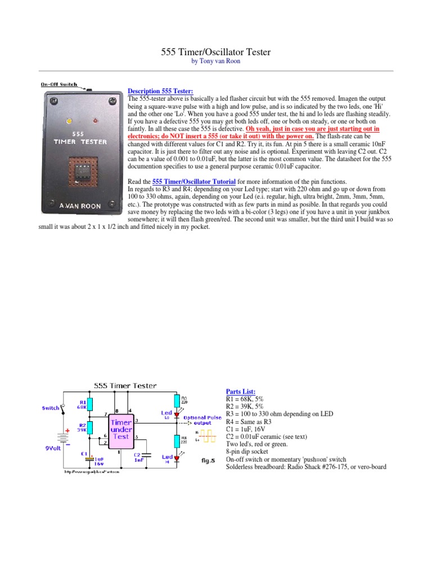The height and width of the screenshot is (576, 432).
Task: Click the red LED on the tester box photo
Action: click(x=95, y=120)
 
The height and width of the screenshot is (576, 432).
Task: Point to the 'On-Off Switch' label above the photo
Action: click(x=59, y=85)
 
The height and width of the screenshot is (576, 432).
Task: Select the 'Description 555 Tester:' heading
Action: click(x=160, y=91)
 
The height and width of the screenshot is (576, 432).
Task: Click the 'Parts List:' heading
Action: click(x=240, y=391)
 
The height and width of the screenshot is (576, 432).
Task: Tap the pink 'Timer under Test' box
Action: click(x=121, y=429)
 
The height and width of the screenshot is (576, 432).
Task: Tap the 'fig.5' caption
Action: click(x=209, y=460)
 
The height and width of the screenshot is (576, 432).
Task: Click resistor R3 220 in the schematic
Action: click(x=177, y=400)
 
